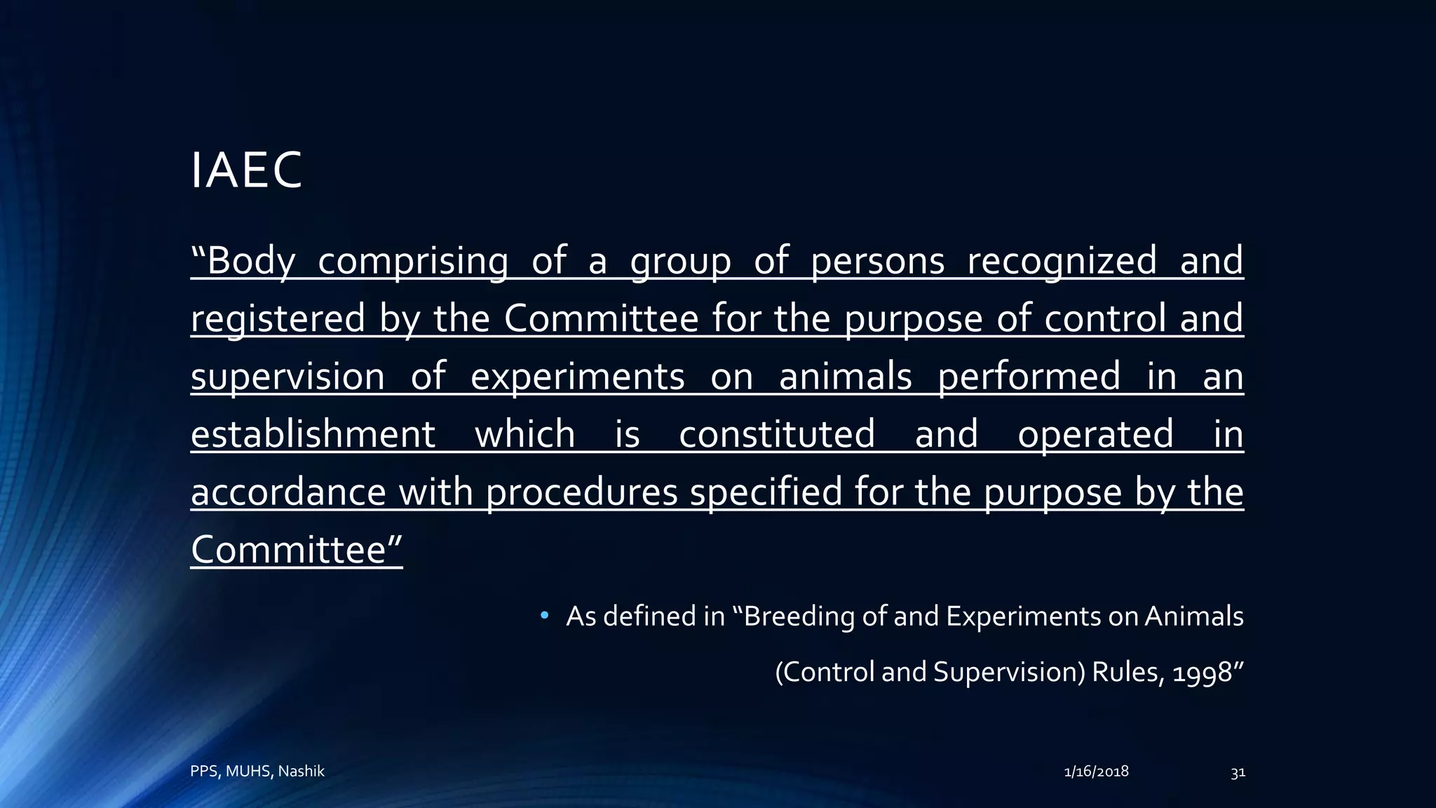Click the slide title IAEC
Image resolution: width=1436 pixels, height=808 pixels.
246,170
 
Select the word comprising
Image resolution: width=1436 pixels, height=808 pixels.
412,261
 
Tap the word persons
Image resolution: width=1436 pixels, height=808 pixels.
877,261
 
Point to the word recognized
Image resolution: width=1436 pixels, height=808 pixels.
1062,261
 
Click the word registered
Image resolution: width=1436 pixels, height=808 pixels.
278,319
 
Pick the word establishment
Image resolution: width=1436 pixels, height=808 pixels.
313,434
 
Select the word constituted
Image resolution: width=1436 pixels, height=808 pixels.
777,434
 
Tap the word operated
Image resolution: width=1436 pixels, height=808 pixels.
1095,434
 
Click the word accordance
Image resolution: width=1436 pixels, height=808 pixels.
288,492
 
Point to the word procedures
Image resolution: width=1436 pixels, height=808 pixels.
581,492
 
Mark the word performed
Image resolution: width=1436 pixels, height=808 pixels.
1029,377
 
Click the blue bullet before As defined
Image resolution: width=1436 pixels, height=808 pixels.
544,617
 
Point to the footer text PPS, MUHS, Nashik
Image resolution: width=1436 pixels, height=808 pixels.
257,772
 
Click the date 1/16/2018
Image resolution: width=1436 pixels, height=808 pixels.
1096,772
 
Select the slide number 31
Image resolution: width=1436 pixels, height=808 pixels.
1238,772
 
